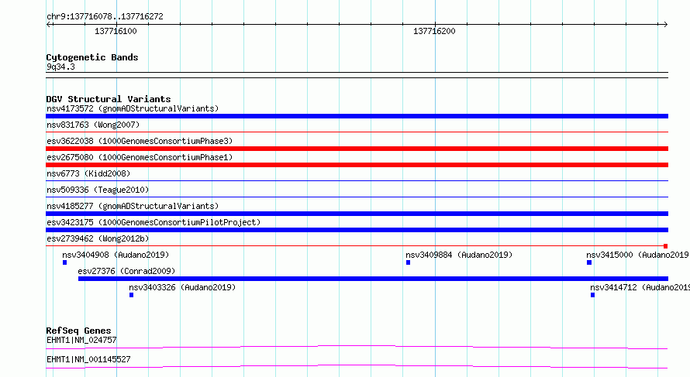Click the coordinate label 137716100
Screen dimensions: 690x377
116,31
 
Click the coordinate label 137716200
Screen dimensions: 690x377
434,31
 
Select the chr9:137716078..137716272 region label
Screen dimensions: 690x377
105,16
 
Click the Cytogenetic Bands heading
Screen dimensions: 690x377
92,57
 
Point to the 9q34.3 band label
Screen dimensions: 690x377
60,67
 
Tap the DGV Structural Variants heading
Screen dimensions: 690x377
109,99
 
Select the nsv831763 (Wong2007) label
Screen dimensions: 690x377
93,125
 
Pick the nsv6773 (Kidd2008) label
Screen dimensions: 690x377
88,173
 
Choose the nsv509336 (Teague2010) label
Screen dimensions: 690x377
98,190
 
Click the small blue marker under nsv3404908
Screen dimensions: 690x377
64,262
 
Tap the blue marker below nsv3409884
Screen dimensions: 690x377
408,262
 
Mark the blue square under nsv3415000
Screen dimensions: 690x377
589,262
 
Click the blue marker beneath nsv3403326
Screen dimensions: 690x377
131,295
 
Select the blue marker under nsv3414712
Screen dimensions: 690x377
593,295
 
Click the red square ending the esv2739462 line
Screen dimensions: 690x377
665,246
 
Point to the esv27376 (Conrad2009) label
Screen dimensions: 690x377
126,271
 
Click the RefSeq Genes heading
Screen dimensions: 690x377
78,331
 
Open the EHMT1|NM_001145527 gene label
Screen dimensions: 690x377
88,359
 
